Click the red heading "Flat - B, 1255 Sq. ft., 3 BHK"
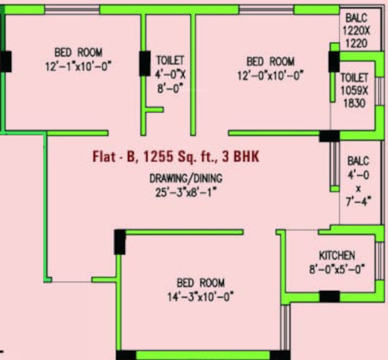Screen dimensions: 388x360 click(176, 157)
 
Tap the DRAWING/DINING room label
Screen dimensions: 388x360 click(186, 179)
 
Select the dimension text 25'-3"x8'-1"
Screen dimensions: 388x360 click(186, 192)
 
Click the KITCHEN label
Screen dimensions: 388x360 click(337, 256)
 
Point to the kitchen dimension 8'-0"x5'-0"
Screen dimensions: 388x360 click(337, 269)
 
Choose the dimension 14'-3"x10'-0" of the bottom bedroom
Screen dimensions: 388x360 click(200, 297)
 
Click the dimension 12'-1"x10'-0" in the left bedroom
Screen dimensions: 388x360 click(78, 67)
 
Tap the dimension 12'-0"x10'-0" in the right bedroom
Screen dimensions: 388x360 click(270, 75)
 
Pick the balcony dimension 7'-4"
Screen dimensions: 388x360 click(358, 201)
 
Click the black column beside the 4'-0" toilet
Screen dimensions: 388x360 click(145, 63)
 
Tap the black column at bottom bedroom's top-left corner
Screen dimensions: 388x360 click(120, 242)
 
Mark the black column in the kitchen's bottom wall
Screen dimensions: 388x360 click(330, 297)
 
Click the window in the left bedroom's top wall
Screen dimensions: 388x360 click(72, 10)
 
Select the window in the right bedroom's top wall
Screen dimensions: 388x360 click(266, 10)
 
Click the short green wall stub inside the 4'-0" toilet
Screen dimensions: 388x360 click(154, 109)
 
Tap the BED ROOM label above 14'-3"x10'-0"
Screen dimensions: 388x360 click(200, 283)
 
